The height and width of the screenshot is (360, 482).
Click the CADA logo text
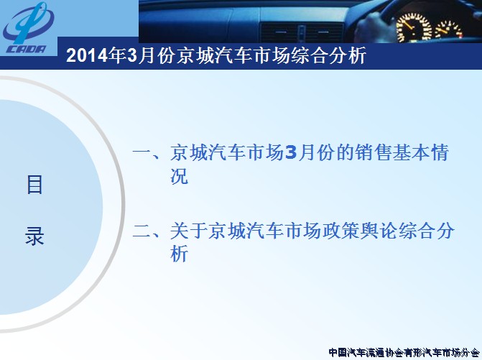[26, 49]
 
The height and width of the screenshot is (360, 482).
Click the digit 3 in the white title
[131, 56]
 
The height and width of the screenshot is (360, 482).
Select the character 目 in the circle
[34, 185]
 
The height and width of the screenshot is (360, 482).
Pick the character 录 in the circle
[34, 236]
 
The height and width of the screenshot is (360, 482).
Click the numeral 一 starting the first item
[142, 152]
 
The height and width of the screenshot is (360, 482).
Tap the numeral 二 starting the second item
[142, 231]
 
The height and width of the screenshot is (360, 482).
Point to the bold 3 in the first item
[291, 152]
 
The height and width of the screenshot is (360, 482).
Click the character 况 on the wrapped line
[179, 176]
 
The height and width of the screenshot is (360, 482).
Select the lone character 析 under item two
[179, 254]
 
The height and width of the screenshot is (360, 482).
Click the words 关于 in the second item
[189, 231]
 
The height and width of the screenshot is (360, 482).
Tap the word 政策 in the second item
[340, 231]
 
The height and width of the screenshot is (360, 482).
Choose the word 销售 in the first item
[374, 152]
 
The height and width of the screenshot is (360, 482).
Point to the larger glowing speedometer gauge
[414, 27]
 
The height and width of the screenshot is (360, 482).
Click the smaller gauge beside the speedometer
[448, 30]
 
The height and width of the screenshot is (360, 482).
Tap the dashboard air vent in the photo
[302, 32]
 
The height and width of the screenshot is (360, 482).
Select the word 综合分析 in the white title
[328, 56]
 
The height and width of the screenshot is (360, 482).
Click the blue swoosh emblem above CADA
[28, 23]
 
